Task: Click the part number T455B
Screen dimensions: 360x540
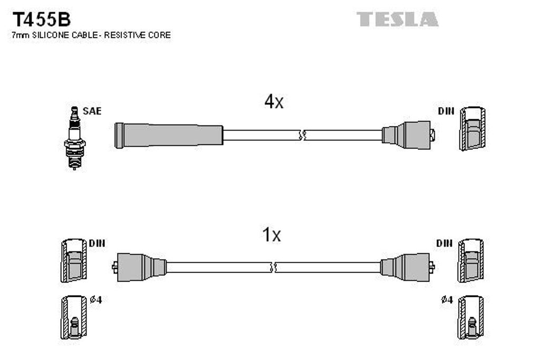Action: click(x=42, y=20)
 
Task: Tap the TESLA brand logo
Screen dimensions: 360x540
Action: click(x=397, y=20)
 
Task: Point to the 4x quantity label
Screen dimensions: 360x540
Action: click(x=274, y=102)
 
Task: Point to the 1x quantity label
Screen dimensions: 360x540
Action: click(x=272, y=235)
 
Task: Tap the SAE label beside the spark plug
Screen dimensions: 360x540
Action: click(x=92, y=111)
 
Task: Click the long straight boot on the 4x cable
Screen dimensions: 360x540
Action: click(x=169, y=135)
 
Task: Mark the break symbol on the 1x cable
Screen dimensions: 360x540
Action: click(x=273, y=267)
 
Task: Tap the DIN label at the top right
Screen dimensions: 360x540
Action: click(x=446, y=111)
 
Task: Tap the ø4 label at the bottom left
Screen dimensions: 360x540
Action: click(x=96, y=299)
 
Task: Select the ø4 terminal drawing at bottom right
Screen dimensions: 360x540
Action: click(x=470, y=317)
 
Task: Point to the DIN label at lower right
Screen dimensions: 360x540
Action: click(x=445, y=243)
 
